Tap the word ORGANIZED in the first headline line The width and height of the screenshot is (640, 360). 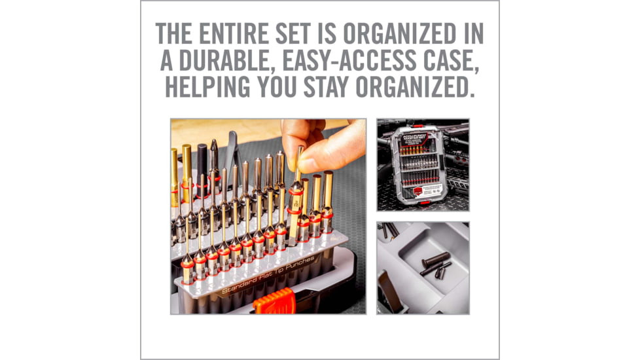[x=421, y=34]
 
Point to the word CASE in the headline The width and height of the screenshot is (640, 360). [x=453, y=60]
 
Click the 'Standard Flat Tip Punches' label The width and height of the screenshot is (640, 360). [x=268, y=274]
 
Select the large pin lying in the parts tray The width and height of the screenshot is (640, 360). [x=436, y=259]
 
